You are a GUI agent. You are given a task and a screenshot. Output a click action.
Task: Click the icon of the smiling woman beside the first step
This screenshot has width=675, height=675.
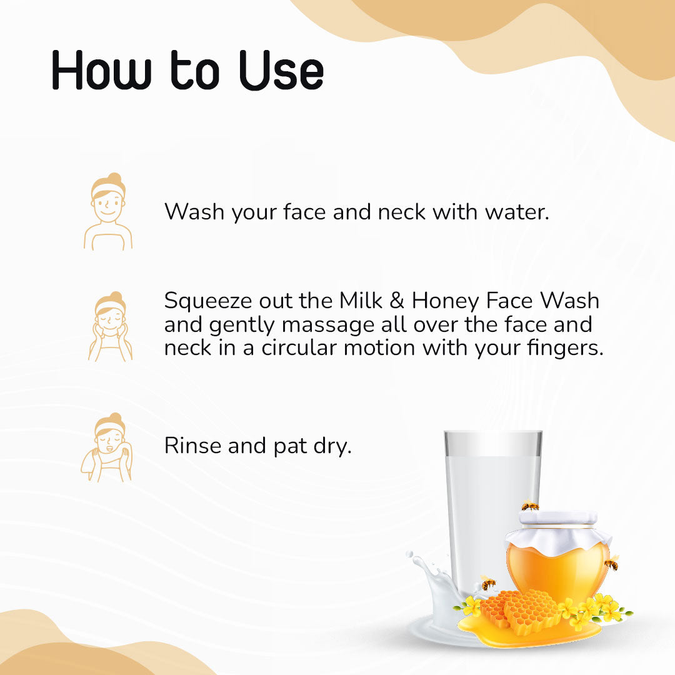(x=108, y=211)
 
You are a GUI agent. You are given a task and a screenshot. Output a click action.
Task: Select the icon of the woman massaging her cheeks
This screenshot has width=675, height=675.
(x=110, y=326)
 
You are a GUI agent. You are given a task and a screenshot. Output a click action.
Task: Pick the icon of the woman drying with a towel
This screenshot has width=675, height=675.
(x=107, y=447)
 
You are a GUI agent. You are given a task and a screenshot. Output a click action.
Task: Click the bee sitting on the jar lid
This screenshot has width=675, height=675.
(x=530, y=506)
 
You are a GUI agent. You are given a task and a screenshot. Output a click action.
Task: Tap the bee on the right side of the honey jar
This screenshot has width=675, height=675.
(x=612, y=564)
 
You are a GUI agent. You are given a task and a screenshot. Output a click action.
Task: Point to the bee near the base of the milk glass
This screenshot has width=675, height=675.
(x=487, y=584)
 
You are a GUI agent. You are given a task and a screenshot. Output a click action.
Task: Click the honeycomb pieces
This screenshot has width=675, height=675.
(x=522, y=609)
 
